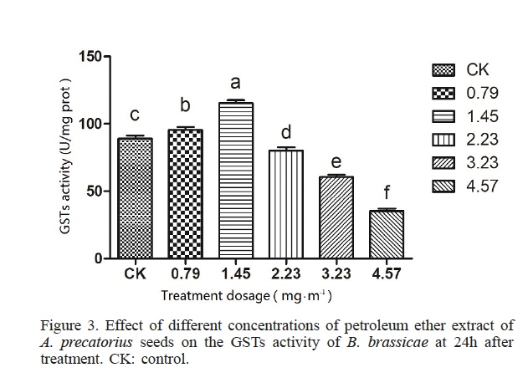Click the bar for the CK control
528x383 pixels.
pos(136,198)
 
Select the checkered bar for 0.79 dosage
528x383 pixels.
pos(185,194)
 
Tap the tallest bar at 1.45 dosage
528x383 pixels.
pos(235,181)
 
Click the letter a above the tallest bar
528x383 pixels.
pos(235,83)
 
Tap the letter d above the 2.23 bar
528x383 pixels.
pos(285,132)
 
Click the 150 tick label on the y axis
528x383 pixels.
pos(88,56)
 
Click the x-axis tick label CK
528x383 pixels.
pos(136,273)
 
